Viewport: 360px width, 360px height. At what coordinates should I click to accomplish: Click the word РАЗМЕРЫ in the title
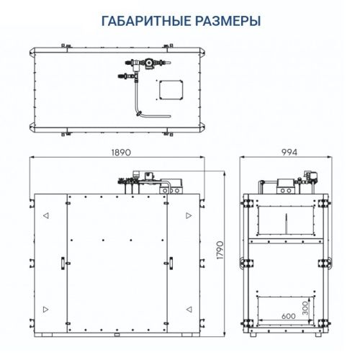(225, 21)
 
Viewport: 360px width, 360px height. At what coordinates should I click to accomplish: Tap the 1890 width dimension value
(122, 153)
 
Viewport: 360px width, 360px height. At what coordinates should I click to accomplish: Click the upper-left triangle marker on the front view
(45, 215)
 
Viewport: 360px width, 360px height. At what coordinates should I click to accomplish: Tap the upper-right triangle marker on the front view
(189, 215)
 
